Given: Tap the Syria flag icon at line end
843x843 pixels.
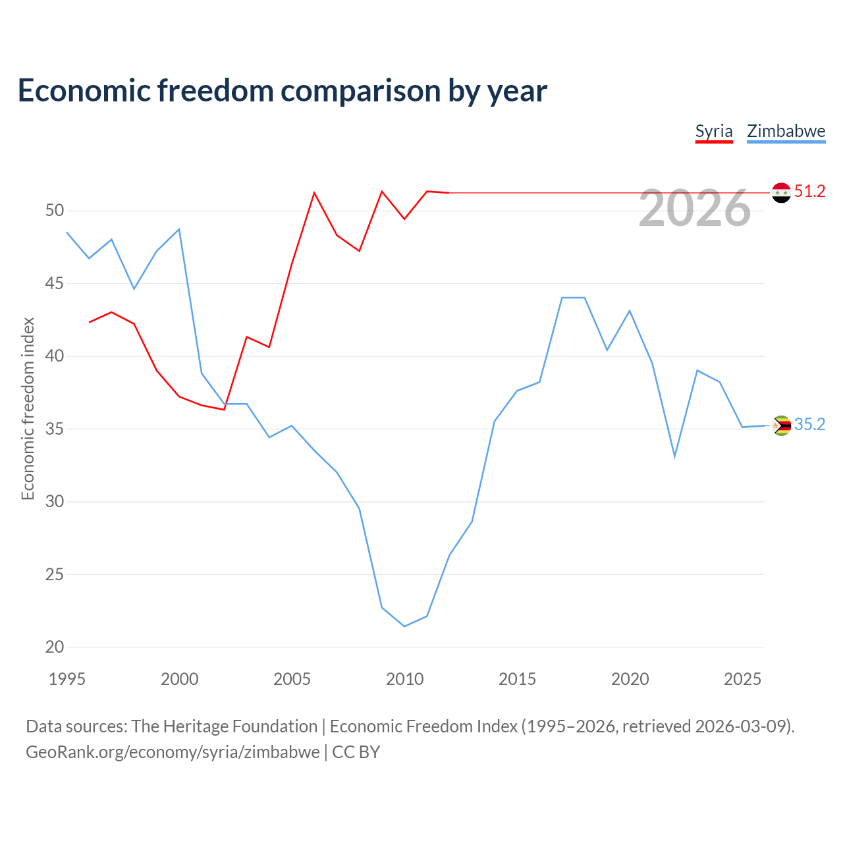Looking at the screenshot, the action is click(781, 192).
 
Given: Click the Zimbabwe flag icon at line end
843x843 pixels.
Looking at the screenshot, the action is click(781, 425).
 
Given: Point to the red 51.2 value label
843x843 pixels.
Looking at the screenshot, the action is click(810, 191).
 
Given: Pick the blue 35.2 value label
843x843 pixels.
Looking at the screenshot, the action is click(810, 424).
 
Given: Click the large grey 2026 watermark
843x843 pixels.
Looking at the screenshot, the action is click(695, 208).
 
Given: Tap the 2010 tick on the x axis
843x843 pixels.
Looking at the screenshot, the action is click(404, 679).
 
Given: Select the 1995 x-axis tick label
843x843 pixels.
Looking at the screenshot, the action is click(67, 679).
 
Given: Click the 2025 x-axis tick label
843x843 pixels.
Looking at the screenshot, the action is click(742, 679).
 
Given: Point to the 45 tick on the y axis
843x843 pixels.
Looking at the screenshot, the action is click(54, 283).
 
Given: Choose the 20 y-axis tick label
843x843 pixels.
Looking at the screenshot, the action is click(54, 647).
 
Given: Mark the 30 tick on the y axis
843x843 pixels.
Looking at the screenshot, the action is click(54, 501).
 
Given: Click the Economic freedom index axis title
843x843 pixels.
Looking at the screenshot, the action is click(28, 408).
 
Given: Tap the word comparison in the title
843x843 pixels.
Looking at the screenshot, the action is click(360, 91).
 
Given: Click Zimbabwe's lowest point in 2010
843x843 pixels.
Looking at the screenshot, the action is click(404, 626).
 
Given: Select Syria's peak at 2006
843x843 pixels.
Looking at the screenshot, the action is click(314, 192).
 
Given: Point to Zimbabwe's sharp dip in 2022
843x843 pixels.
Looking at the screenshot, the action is click(674, 456).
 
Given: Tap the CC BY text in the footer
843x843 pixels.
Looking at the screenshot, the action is click(356, 752).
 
